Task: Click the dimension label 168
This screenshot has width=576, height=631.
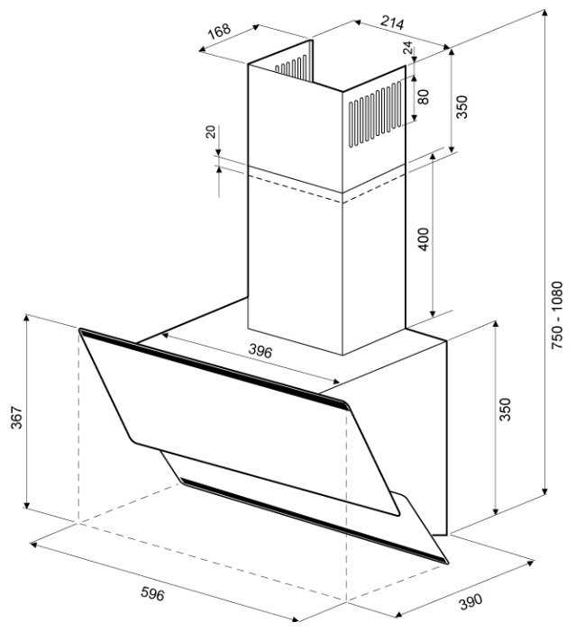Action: coord(220,31)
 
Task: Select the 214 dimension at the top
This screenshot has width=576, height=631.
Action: coord(392,23)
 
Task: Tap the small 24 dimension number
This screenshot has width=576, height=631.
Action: coord(408,49)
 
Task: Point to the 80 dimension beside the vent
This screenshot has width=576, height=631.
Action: coord(424,96)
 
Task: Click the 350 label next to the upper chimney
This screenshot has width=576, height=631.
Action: coord(462,106)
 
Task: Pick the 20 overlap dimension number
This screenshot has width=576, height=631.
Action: coord(211,131)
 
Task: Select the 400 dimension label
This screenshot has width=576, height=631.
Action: coord(424,239)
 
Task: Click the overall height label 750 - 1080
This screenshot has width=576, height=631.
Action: coord(557,315)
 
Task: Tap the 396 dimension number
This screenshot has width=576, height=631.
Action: coord(260,351)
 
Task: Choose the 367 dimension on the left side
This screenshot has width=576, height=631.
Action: coord(16,417)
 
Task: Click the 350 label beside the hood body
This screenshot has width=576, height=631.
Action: coord(505,410)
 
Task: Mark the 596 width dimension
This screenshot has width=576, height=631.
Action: coord(152,593)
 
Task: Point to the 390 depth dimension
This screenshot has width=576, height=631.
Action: coord(471,601)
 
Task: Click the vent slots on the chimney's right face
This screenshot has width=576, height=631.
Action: coord(375,114)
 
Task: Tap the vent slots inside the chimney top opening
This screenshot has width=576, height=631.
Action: coord(291,67)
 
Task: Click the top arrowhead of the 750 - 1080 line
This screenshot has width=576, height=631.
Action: coord(544,14)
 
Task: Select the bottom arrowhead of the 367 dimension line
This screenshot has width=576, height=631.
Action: coord(27,505)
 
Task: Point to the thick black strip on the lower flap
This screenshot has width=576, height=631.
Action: coord(314,520)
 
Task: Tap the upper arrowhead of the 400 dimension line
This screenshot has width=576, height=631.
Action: coord(432,157)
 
